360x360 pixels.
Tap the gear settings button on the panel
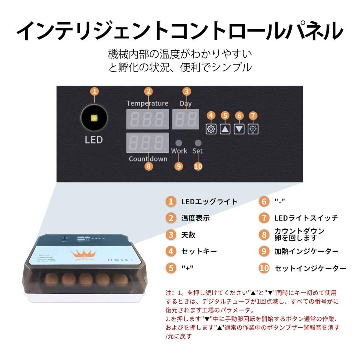(x=211, y=129)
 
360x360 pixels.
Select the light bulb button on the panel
(x=253, y=129)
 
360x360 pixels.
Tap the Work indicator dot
(x=179, y=143)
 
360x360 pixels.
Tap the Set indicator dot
(x=198, y=143)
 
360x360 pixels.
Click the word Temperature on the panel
(x=147, y=103)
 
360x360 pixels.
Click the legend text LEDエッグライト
(x=209, y=202)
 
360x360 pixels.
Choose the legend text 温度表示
(x=195, y=218)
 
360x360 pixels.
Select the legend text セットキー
(x=199, y=251)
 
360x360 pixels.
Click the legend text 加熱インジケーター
(x=307, y=251)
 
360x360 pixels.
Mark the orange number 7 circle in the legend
(x=264, y=218)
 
